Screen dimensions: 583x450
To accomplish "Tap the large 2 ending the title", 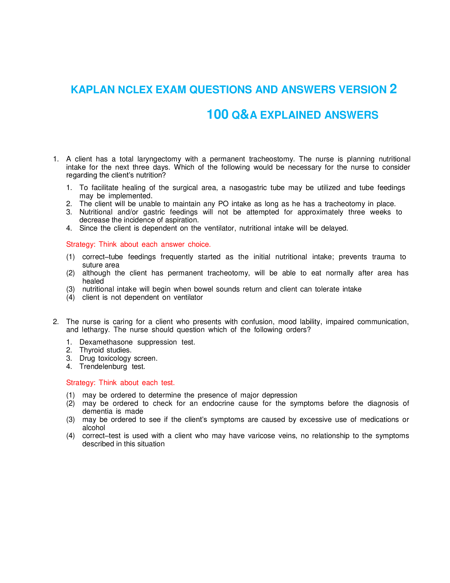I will pos(393,89).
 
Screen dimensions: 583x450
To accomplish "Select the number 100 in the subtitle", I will pos(218,114).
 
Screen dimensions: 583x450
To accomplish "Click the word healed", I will pos(93,281).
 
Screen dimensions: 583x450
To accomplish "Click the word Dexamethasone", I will pos(106,342).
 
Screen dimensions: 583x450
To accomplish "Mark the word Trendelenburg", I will pos(103,366).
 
